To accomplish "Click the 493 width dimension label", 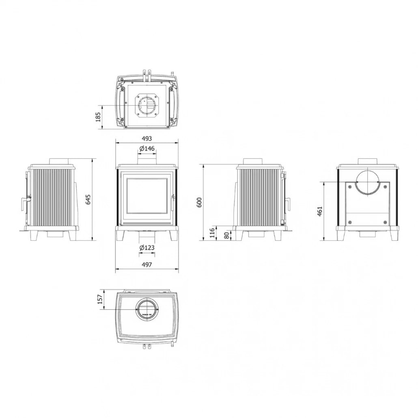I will point(147,138).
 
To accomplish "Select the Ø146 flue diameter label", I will point(147,149).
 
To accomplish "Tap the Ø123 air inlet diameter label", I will point(147,248).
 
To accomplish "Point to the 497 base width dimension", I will point(147,264).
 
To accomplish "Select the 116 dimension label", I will point(211,233).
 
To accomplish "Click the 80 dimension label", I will point(227,235).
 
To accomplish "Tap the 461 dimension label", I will point(320,211).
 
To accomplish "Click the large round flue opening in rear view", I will point(368,181).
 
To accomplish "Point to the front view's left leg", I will point(120,235).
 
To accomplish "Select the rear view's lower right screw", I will point(385,222).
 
